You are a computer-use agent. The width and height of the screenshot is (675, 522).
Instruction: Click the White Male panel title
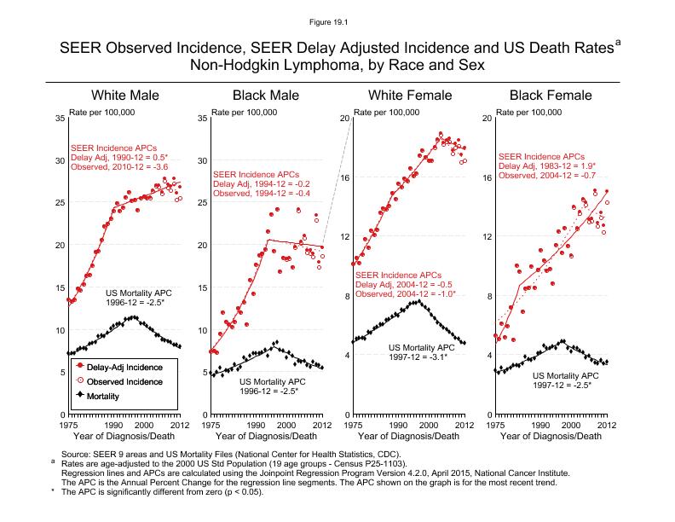click(x=124, y=95)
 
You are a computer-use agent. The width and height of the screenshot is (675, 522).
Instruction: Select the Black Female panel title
click(x=551, y=95)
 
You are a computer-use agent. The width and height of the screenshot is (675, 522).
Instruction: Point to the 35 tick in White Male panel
click(x=59, y=118)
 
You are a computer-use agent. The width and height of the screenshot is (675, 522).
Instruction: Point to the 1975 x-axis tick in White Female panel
click(x=351, y=424)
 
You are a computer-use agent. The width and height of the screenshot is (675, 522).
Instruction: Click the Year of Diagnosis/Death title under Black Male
click(x=266, y=436)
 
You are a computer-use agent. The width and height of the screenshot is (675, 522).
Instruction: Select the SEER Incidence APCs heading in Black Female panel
click(x=541, y=157)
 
